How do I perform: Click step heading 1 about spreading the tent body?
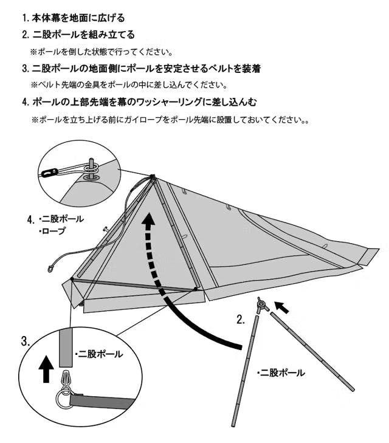tap(74, 18)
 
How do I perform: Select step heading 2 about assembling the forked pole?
tap(78, 35)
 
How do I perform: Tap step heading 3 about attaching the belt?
tap(141, 69)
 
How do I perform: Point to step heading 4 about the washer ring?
tap(140, 102)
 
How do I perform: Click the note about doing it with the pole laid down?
tap(102, 52)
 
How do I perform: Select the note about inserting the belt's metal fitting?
tap(129, 84)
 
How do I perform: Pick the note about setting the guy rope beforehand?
tap(170, 120)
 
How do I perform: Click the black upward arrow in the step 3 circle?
tap(46, 369)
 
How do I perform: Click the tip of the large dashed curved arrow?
tap(148, 214)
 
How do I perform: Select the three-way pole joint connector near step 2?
tap(261, 304)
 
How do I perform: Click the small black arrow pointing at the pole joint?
tap(281, 307)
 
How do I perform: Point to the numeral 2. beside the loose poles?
tap(241, 320)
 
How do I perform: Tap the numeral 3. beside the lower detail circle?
tap(26, 342)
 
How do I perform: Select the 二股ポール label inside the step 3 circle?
tap(99, 354)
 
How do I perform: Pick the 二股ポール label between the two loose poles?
tap(281, 373)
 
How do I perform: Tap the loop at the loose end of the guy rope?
tap(51, 269)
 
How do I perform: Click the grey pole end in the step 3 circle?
tap(66, 347)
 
